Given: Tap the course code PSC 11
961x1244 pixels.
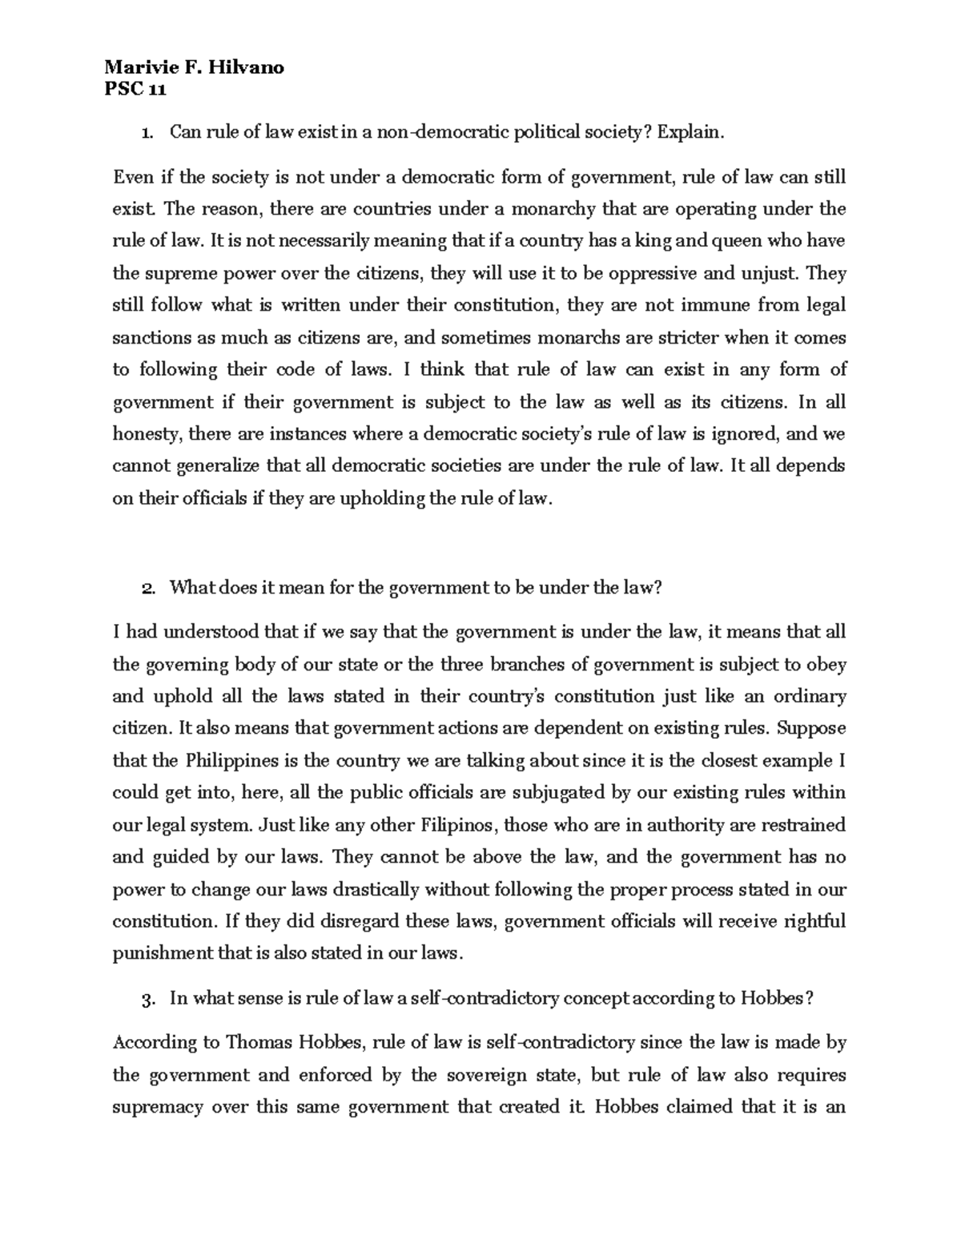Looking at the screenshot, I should click(x=135, y=89).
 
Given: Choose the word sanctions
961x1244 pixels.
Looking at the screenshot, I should click(x=150, y=338).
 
